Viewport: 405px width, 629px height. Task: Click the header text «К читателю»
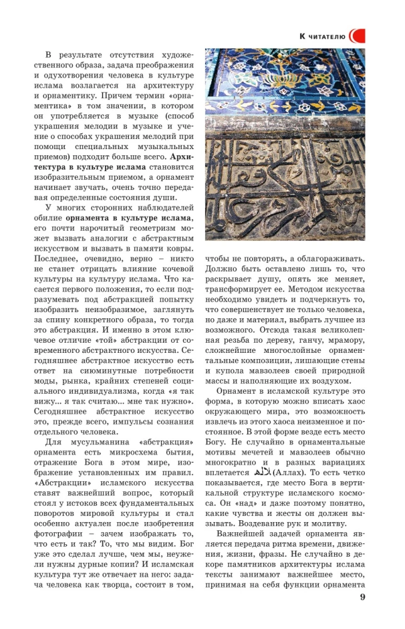point(322,36)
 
